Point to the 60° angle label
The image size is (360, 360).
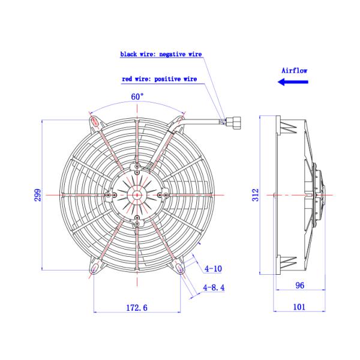(137, 96)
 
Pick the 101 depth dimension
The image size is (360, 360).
(300, 307)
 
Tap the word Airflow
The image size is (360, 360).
(294, 70)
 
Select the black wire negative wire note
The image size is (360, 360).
(161, 54)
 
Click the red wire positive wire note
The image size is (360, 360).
(159, 79)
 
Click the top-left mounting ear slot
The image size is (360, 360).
(95, 122)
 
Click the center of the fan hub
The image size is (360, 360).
(137, 194)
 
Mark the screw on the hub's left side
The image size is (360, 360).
(107, 194)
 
